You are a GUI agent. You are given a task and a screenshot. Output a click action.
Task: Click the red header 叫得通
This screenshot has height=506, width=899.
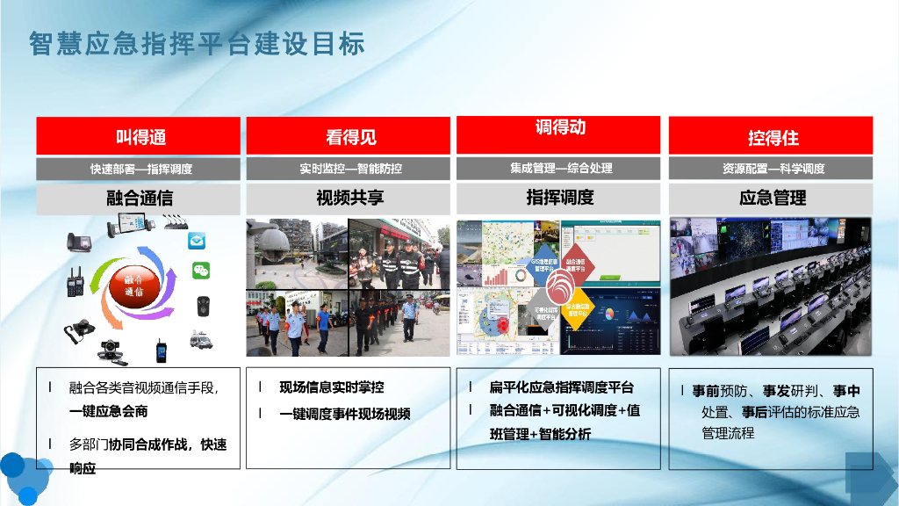[138, 136]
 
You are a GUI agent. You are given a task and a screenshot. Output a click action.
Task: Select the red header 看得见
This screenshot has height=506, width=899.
[349, 136]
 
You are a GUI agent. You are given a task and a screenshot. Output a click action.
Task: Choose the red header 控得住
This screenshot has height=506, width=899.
[771, 136]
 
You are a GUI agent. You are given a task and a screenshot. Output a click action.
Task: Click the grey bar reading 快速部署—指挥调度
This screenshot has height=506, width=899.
[138, 169]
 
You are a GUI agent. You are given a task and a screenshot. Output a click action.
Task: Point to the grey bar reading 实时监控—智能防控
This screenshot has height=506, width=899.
[349, 169]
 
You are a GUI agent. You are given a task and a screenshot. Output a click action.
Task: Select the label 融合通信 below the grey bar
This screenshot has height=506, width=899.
[138, 198]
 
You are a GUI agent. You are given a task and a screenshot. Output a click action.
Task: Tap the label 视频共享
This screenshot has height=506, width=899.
[349, 198]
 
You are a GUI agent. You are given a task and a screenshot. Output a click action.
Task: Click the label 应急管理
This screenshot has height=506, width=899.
[771, 198]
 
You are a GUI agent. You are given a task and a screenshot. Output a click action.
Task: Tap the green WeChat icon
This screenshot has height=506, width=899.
[201, 271]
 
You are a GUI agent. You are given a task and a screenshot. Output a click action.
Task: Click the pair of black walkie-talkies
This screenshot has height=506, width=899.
[76, 281]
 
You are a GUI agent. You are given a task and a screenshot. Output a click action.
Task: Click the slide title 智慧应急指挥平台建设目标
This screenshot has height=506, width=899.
[197, 43]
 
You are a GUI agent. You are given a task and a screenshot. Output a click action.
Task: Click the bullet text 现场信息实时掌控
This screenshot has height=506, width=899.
[331, 387]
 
